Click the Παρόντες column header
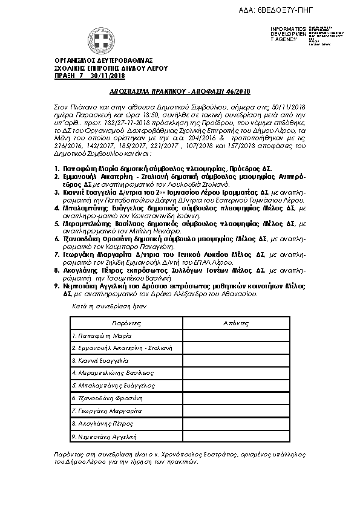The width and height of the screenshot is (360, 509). [x=126, y=324]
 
